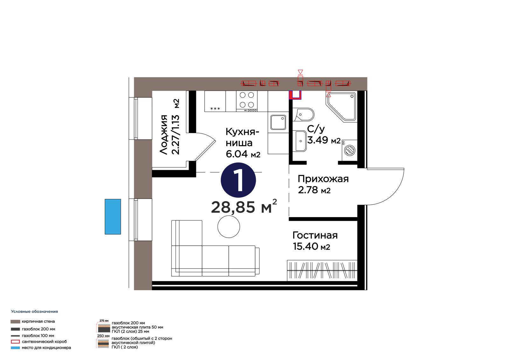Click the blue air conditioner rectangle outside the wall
(x=113, y=216)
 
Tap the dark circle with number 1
(x=238, y=180)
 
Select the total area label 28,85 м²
(x=244, y=207)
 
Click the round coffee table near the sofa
(x=229, y=227)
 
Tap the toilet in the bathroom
(x=303, y=114)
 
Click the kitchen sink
(x=278, y=122)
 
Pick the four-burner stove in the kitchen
(x=247, y=101)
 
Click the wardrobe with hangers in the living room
(x=322, y=271)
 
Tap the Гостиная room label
(x=315, y=236)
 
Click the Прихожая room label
(x=323, y=179)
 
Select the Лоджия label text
(x=164, y=135)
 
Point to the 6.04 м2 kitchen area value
(x=243, y=154)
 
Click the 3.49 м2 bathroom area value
(x=324, y=140)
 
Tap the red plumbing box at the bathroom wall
(x=295, y=95)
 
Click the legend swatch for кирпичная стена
(x=15, y=321)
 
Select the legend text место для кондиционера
(x=46, y=348)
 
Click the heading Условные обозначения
(x=35, y=312)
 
